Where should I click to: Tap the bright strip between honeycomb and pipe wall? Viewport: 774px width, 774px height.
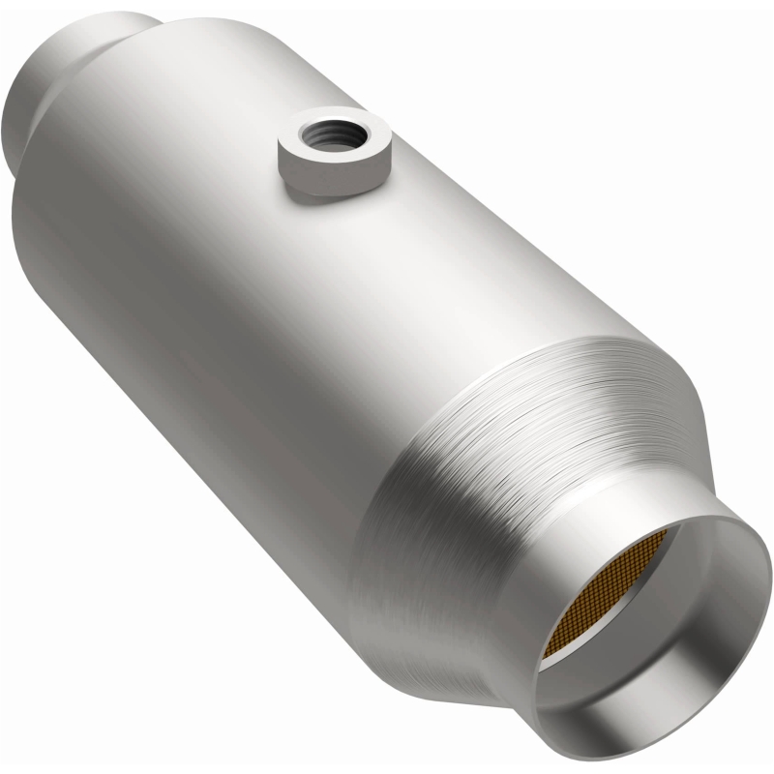pyautogui.click(x=556, y=668)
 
